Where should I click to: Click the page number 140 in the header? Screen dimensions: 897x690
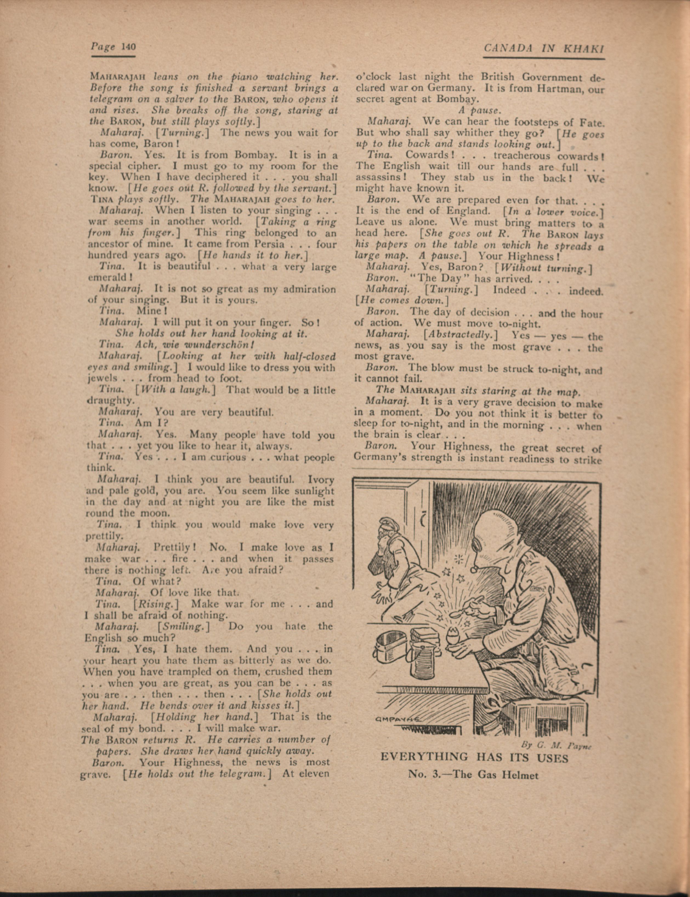[x=129, y=47]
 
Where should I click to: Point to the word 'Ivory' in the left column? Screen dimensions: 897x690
[x=320, y=479]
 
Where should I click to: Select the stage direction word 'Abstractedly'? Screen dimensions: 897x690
[x=462, y=335]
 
